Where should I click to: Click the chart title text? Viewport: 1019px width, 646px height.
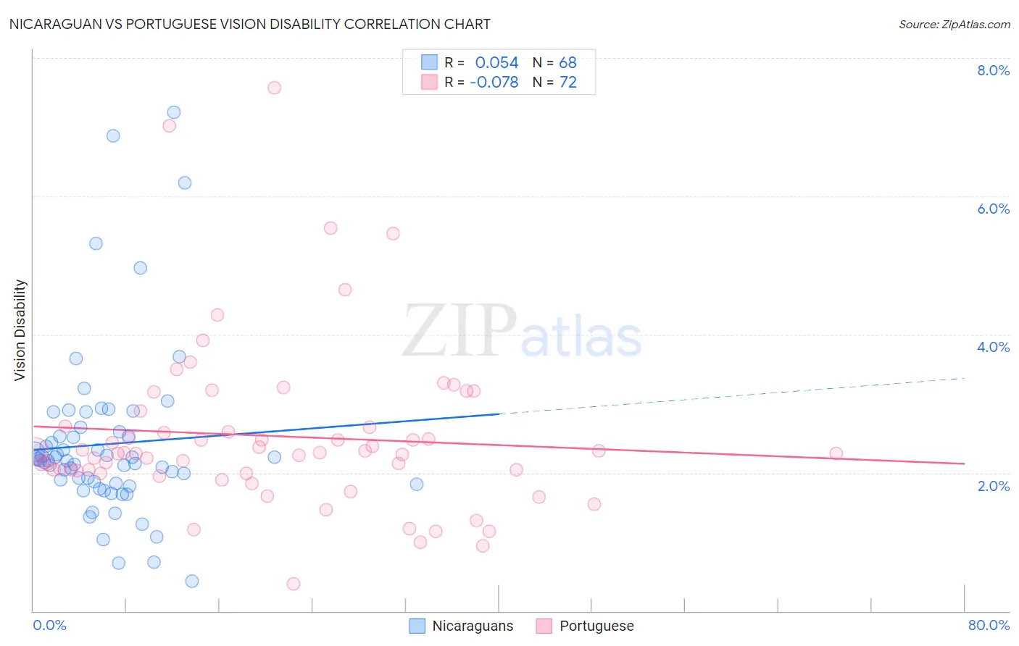tap(249, 25)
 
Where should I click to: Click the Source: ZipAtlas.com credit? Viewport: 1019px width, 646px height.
tap(954, 25)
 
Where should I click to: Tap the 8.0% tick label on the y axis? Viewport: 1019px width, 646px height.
tap(993, 70)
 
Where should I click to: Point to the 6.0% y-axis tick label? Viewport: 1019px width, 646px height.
tap(993, 209)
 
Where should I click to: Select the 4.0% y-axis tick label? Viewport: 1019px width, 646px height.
tap(993, 347)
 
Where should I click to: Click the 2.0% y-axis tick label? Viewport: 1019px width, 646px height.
tap(993, 486)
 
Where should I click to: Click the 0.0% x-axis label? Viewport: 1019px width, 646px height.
tap(49, 625)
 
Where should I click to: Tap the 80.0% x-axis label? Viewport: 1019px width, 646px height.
tap(989, 625)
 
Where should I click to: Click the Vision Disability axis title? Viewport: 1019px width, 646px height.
tap(20, 330)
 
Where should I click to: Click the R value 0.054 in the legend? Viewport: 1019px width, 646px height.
tap(496, 63)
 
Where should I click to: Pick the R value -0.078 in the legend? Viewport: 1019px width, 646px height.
tap(494, 83)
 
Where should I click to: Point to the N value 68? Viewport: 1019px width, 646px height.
tap(567, 63)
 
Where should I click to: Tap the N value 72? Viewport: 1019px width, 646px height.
tap(567, 83)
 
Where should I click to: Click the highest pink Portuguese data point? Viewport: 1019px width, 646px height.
tap(274, 88)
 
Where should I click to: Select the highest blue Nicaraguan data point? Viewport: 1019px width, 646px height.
tap(174, 112)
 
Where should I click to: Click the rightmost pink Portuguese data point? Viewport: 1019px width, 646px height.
tap(836, 453)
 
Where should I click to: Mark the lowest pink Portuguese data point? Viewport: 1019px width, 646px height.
tap(294, 584)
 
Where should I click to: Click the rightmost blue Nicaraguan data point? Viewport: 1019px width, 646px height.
tap(417, 484)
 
